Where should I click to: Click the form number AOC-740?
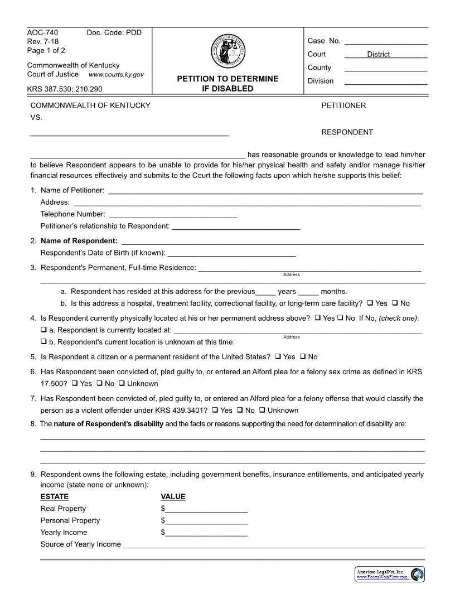[42, 32]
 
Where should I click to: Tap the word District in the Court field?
[378, 54]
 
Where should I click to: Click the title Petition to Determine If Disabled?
[227, 84]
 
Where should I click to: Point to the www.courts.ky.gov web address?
[116, 75]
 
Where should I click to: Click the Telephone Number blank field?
[173, 215]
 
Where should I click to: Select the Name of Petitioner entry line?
[265, 191]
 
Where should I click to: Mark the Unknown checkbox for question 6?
[122, 384]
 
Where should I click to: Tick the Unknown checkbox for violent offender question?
[262, 411]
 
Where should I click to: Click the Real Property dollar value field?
[206, 509]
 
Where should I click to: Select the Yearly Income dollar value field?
[206, 533]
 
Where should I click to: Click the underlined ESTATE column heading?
[55, 497]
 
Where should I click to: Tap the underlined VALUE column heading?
[173, 497]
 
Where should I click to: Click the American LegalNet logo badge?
[390, 574]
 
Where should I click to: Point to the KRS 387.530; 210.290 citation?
[65, 89]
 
